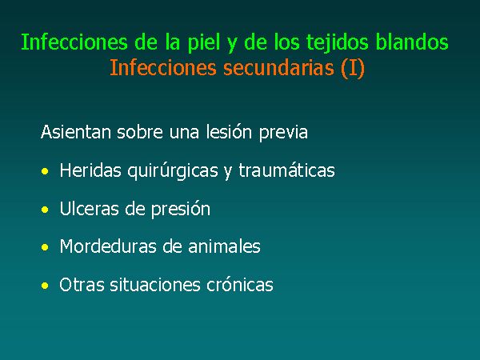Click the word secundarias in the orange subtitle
278,67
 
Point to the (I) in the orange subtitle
353,68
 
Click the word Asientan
76,132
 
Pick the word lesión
229,132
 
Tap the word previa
283,133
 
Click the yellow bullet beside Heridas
45,171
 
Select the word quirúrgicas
173,170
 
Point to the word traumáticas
287,170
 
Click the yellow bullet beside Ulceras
45,210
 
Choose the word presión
181,210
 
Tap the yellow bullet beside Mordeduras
45,247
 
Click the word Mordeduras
108,246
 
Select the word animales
224,246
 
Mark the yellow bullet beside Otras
45,286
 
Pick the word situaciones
155,284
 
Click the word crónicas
240,284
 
